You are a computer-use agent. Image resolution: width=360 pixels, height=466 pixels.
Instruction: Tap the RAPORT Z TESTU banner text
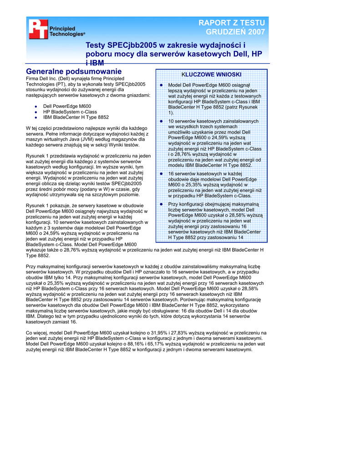tap(231, 23)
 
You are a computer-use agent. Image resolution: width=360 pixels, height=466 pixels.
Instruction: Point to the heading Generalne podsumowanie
tap(74, 71)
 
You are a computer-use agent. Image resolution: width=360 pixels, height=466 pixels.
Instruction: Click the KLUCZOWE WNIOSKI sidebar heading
tap(211, 74)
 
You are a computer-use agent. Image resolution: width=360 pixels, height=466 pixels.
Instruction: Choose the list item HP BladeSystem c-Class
tap(70, 111)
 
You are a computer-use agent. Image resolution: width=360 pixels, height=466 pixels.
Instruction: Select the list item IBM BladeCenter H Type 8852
tap(76, 117)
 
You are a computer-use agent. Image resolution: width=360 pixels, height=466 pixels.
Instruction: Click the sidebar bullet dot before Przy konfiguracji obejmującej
tap(161, 204)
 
